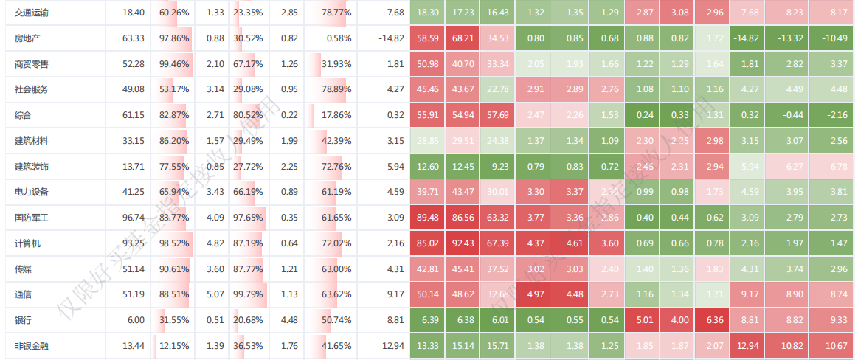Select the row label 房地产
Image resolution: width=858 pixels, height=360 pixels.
click(x=27, y=38)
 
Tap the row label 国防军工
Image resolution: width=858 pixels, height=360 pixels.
click(x=32, y=218)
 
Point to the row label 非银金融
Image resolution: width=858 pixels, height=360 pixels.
click(x=32, y=345)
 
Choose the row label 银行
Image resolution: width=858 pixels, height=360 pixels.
click(x=23, y=320)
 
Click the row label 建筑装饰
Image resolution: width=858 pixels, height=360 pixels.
click(x=32, y=167)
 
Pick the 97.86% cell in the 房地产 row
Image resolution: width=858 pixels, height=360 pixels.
click(x=174, y=38)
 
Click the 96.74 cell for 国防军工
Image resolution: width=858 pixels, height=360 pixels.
click(x=134, y=218)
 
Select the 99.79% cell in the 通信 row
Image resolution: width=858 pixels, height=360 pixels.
click(x=248, y=294)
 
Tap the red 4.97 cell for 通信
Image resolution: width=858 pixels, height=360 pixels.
click(x=536, y=294)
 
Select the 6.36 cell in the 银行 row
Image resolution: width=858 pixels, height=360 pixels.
click(x=714, y=320)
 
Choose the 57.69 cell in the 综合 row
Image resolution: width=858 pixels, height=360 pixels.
click(x=499, y=115)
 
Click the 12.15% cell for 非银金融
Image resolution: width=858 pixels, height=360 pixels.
click(x=174, y=345)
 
